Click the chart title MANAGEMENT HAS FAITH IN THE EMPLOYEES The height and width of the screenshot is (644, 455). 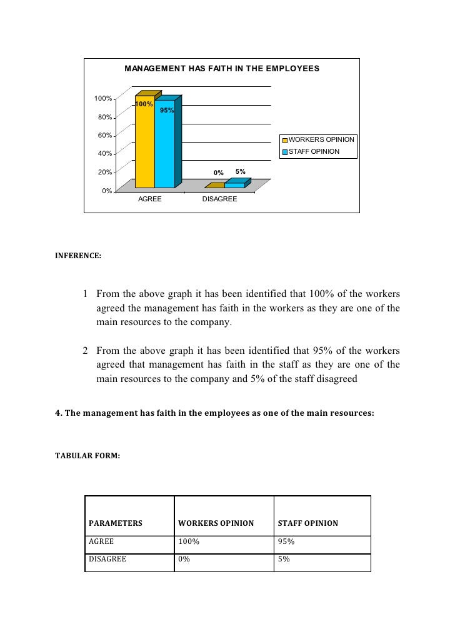click(222, 68)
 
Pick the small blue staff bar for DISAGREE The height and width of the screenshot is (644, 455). click(234, 185)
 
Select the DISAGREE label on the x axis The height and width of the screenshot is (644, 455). click(219, 199)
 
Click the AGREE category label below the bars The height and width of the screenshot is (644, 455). click(149, 199)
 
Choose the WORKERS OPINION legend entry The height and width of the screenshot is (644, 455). click(321, 139)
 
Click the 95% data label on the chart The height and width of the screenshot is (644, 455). click(167, 111)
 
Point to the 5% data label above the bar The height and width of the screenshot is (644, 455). click(240, 171)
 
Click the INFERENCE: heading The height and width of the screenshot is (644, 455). click(78, 255)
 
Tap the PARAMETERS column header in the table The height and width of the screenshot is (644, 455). click(116, 523)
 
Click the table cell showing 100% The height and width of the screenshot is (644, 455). click(189, 542)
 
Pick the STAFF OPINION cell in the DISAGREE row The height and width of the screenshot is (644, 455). click(284, 560)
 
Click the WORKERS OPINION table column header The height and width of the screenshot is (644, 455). click(216, 523)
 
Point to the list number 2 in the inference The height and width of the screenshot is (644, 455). click(86, 351)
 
